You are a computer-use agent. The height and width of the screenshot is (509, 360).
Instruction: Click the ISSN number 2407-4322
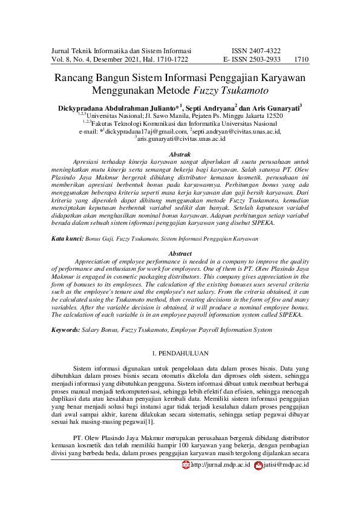pyautogui.click(x=265, y=51)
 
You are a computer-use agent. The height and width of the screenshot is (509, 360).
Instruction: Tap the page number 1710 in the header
pyautogui.click(x=301, y=60)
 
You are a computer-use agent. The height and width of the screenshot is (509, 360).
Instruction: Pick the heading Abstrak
pyautogui.click(x=180, y=155)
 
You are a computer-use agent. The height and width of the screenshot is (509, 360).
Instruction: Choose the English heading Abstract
pyautogui.click(x=180, y=254)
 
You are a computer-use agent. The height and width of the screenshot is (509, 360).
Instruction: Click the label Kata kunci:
pyautogui.click(x=67, y=239)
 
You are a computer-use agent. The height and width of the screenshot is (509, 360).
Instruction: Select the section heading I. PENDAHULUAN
pyautogui.click(x=180, y=352)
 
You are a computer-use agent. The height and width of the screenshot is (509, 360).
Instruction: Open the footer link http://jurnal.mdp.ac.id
pyautogui.click(x=220, y=465)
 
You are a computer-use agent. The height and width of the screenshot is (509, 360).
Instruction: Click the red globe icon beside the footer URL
pyautogui.click(x=186, y=465)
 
